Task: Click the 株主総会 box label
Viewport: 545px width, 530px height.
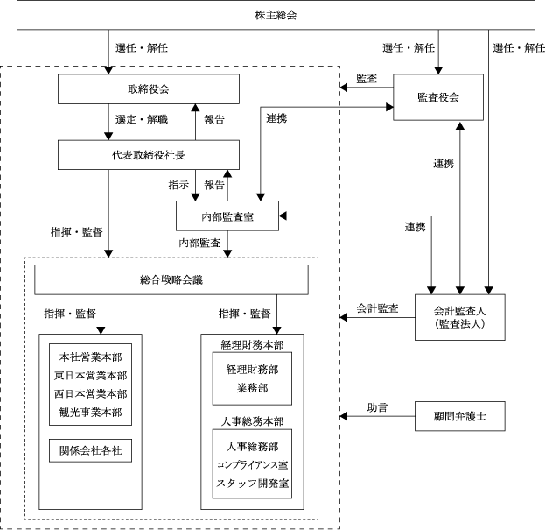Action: click(x=276, y=15)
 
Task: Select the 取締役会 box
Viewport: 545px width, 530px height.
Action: click(x=149, y=88)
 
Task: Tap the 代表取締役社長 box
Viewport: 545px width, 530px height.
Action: click(x=149, y=155)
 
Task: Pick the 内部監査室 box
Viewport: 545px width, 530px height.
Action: click(x=227, y=216)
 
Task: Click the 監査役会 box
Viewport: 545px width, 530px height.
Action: click(x=438, y=97)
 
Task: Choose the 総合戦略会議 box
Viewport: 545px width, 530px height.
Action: click(x=171, y=279)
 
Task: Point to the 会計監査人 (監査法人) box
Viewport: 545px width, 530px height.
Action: click(x=460, y=317)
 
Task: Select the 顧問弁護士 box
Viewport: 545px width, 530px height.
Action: click(x=460, y=416)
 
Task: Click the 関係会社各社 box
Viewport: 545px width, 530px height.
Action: click(x=90, y=450)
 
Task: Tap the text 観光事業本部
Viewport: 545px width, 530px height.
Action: click(x=90, y=413)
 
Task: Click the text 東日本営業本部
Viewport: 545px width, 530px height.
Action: click(x=90, y=376)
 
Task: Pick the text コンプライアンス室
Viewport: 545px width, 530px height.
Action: click(x=252, y=465)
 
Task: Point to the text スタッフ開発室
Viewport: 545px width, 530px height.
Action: click(x=252, y=484)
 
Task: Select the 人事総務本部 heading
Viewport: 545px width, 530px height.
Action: click(x=252, y=421)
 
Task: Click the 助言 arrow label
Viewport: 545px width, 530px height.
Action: click(x=377, y=407)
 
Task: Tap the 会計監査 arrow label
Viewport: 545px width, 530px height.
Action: click(x=377, y=308)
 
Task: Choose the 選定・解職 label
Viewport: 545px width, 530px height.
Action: click(x=142, y=119)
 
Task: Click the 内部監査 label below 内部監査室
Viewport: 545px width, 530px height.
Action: click(x=199, y=243)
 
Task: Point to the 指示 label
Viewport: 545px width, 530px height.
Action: click(x=178, y=185)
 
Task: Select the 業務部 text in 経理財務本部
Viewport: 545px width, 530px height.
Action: click(x=252, y=388)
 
